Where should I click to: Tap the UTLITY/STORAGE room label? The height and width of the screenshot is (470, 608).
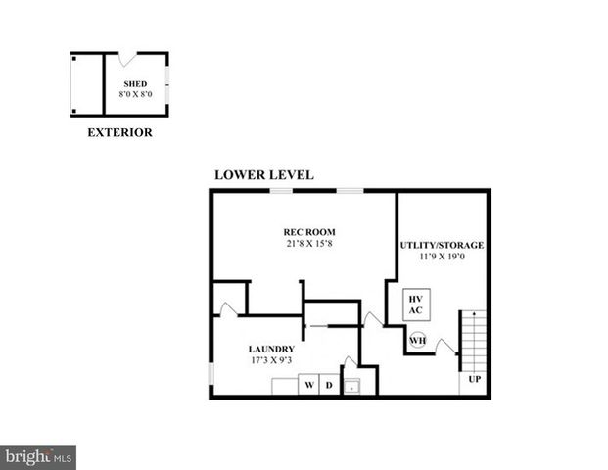click(442, 244)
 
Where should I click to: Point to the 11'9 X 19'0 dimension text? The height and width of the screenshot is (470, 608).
click(442, 256)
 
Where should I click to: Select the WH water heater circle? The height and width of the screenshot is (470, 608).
click(418, 341)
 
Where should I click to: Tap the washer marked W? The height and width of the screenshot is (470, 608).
click(308, 385)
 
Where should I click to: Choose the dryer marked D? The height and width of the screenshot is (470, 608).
click(329, 385)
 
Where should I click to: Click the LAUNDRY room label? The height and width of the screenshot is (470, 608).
click(271, 349)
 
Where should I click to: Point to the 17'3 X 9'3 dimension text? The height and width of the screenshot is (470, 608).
click(271, 360)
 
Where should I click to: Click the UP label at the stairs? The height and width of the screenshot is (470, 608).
click(474, 379)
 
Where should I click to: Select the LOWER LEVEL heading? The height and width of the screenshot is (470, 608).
click(263, 175)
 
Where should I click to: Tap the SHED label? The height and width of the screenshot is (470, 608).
click(135, 84)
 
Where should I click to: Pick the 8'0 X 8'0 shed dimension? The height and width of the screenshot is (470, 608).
click(135, 95)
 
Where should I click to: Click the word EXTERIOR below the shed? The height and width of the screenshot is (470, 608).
click(119, 132)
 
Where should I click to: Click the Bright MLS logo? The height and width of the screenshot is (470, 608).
click(38, 457)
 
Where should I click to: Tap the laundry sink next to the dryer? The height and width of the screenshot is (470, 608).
click(351, 385)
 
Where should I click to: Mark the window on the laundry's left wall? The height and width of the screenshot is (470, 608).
click(211, 376)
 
